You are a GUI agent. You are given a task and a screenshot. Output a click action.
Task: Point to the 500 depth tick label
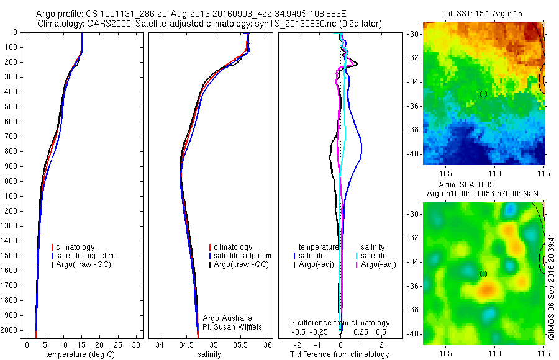pyautogui.click(x=11, y=107)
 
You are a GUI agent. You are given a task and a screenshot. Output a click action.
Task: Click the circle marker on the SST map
pyautogui.click(x=483, y=94)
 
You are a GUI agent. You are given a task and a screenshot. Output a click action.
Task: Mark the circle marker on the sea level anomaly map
pyautogui.click(x=483, y=274)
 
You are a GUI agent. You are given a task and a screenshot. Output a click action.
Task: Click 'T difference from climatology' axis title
pyautogui.click(x=339, y=354)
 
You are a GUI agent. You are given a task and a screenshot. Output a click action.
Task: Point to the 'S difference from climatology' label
pyautogui.click(x=340, y=323)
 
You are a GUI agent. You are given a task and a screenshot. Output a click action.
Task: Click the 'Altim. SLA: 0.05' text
pyautogui.click(x=483, y=186)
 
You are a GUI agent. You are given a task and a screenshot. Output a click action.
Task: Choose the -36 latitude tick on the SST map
pyautogui.click(x=414, y=106)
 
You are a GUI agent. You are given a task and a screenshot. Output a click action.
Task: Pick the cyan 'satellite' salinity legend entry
pyautogui.click(x=376, y=256)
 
